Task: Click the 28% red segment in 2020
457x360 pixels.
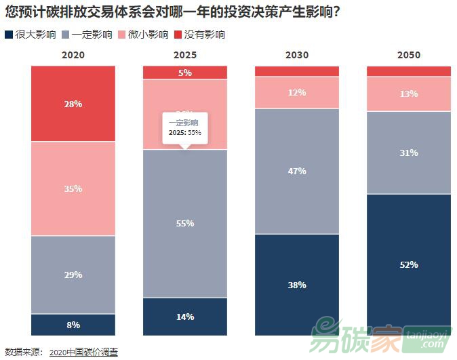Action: point(73,103)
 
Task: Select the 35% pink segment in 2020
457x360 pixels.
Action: point(73,188)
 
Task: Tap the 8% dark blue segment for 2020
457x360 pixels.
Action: point(73,325)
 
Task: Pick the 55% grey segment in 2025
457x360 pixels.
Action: point(185,223)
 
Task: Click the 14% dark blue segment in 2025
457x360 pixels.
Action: point(185,317)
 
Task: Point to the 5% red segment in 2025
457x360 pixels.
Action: point(185,73)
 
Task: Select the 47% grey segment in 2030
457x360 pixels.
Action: point(297,171)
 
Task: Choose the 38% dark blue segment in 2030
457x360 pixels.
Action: point(297,285)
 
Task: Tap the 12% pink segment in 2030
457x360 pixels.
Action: point(297,92)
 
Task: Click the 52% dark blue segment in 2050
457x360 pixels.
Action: point(409,264)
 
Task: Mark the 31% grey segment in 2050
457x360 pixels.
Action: point(409,153)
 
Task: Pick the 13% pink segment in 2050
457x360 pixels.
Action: point(409,94)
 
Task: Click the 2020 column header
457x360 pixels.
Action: point(73,55)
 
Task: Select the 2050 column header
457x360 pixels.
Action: point(409,55)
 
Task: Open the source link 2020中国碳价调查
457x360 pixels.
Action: point(83,352)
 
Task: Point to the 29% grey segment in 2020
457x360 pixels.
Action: point(73,275)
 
